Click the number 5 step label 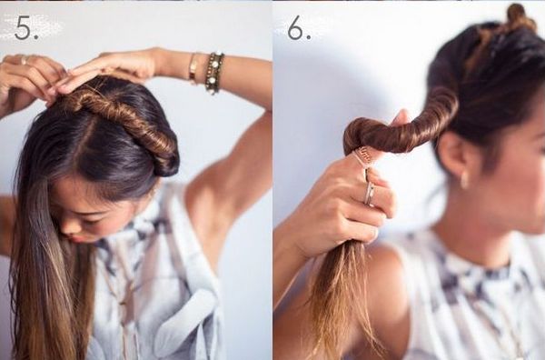pos(26,28)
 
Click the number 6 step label pos(299,27)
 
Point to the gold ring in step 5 pos(24,60)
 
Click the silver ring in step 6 pos(369,194)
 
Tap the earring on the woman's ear pos(464,180)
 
